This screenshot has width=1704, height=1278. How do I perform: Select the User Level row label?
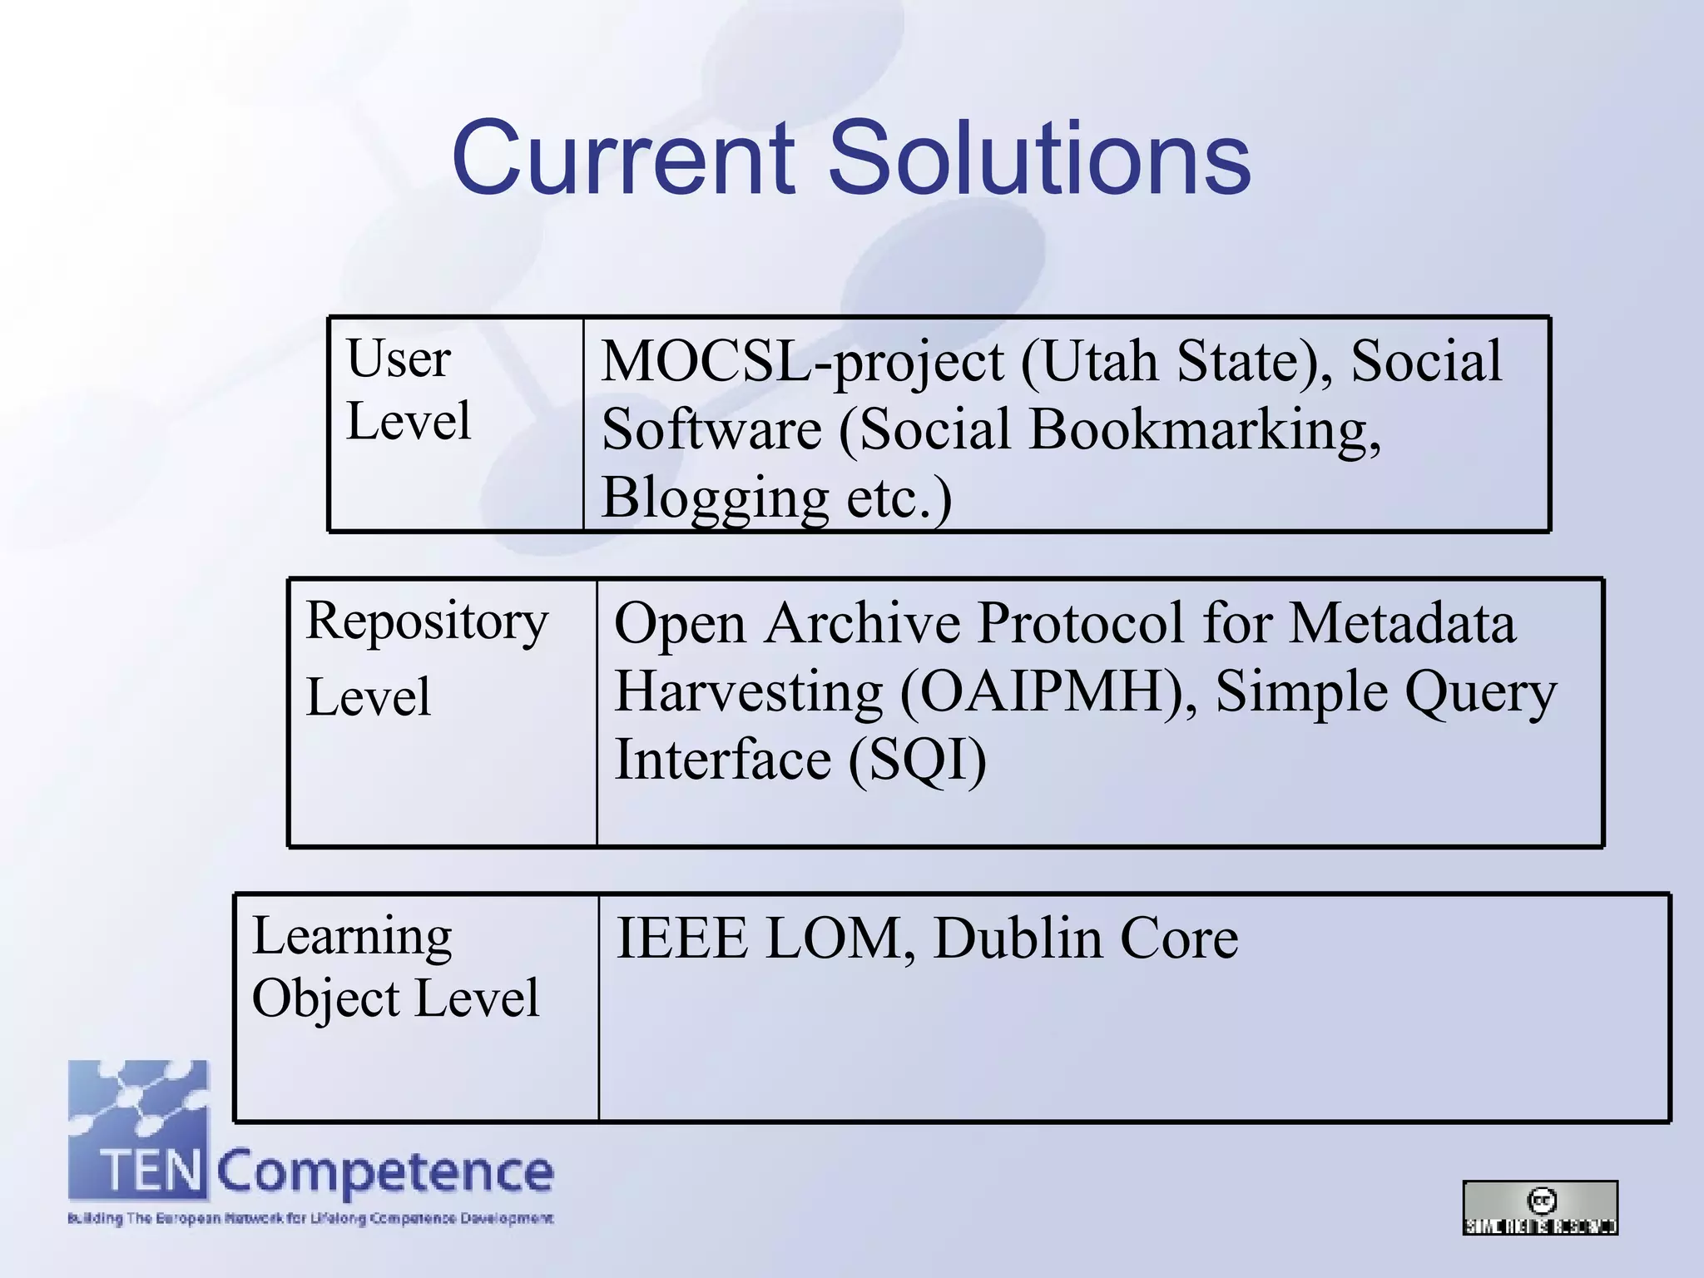[x=408, y=389]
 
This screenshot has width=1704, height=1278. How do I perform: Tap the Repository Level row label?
[x=427, y=657]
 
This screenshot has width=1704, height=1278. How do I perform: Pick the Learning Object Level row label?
[x=395, y=967]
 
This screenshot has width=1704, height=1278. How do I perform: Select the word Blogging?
[x=715, y=498]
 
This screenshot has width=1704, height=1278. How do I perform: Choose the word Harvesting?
[x=748, y=692]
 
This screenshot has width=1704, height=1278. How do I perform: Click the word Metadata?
[x=1402, y=623]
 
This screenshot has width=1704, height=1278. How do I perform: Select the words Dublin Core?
[x=1086, y=939]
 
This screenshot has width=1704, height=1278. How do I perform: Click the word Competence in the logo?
[x=385, y=1172]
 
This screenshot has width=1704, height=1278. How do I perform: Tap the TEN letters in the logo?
[x=152, y=1171]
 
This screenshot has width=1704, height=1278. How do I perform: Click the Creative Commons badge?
[x=1539, y=1207]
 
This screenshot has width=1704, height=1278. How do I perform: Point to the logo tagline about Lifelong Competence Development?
[x=310, y=1219]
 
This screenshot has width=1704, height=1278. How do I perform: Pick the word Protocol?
[x=1081, y=623]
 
